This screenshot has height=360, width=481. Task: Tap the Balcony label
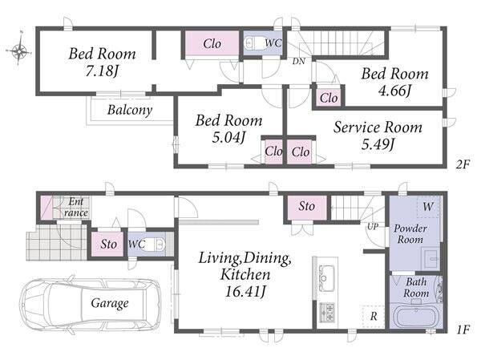(x=130, y=110)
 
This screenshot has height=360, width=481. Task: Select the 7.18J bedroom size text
(x=102, y=71)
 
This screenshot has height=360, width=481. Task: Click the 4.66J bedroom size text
(x=394, y=91)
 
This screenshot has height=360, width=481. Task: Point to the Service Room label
(x=378, y=127)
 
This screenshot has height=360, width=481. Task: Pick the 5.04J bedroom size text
(x=228, y=137)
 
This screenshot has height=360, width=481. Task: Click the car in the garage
(x=90, y=303)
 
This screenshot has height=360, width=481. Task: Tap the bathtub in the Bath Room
(x=416, y=316)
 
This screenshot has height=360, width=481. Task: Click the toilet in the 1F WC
(x=156, y=245)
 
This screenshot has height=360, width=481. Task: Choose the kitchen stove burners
(x=327, y=312)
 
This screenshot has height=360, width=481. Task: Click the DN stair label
(x=298, y=62)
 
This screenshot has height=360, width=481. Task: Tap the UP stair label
(x=373, y=226)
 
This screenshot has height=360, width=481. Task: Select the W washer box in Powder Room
(x=428, y=207)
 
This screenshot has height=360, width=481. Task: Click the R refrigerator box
(x=374, y=317)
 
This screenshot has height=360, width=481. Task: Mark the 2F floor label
(x=463, y=165)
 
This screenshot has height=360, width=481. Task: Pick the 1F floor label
(x=463, y=330)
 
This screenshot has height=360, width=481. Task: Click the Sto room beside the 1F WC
(x=108, y=244)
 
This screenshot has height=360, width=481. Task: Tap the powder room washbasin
(x=430, y=258)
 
